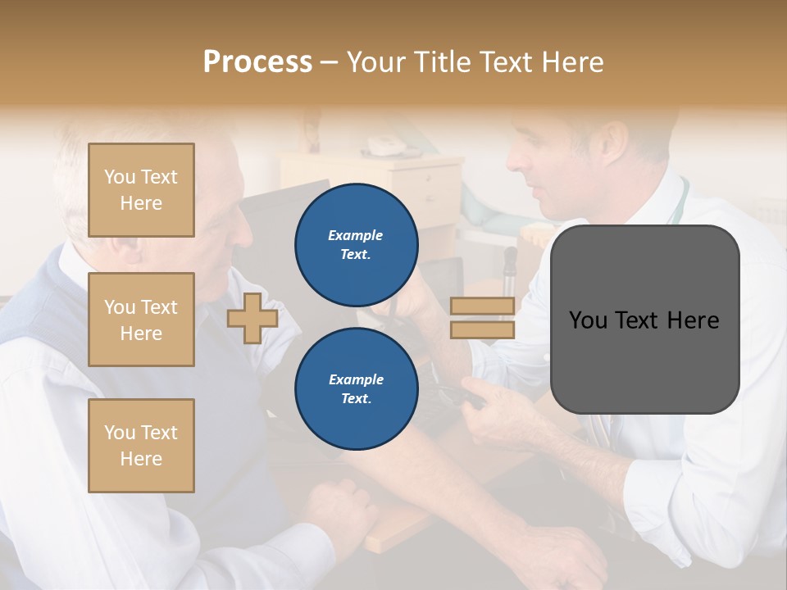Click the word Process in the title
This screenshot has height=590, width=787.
(257, 62)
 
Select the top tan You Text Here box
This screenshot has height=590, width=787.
(141, 190)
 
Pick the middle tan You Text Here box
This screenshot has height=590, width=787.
(141, 320)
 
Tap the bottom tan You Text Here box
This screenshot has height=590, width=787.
(141, 445)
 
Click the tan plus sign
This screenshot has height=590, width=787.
(252, 318)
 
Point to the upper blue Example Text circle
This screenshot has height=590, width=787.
(356, 244)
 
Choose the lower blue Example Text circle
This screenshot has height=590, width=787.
(356, 388)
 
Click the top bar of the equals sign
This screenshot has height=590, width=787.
(483, 306)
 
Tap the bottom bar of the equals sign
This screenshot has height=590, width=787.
(483, 329)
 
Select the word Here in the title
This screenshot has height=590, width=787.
(573, 62)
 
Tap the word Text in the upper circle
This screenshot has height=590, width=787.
(356, 254)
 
